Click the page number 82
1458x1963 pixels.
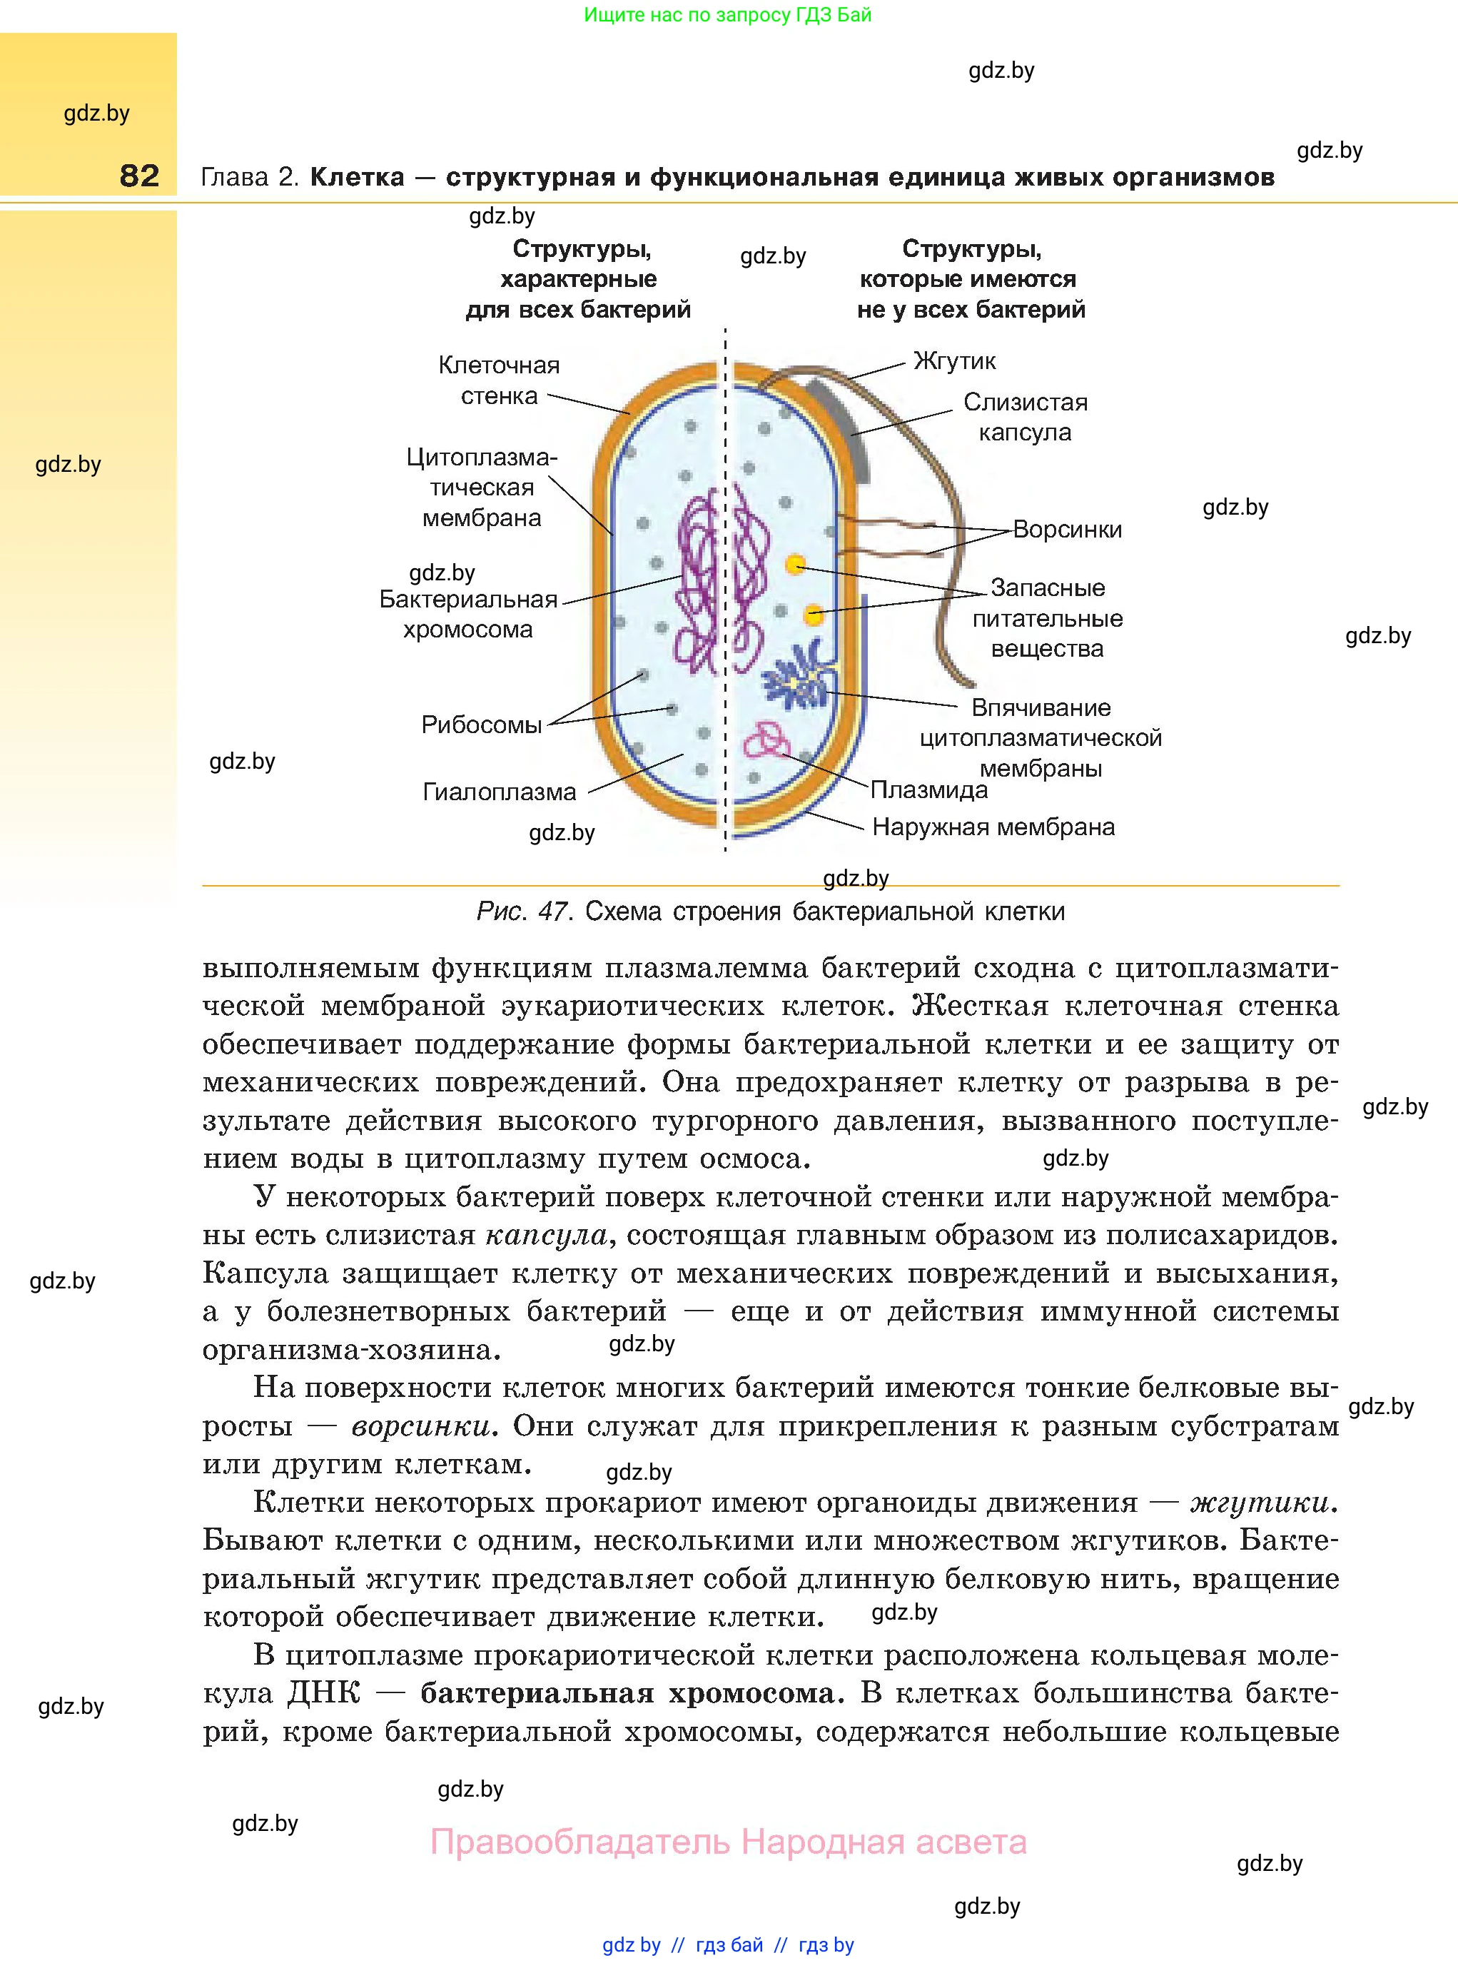click(x=139, y=176)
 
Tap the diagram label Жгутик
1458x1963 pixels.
click(x=954, y=361)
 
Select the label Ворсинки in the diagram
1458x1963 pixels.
click(x=1067, y=530)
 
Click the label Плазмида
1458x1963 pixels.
click(x=928, y=790)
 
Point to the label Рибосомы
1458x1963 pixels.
click(x=481, y=725)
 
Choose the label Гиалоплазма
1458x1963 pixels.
click(x=499, y=792)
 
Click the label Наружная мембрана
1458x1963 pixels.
click(x=993, y=827)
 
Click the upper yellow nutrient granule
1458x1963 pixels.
click(x=795, y=564)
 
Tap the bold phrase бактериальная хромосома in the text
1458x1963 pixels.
click(x=627, y=1693)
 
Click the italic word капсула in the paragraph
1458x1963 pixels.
click(x=547, y=1235)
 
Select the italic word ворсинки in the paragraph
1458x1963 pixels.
click(x=420, y=1425)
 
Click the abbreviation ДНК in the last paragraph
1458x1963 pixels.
click(x=324, y=1693)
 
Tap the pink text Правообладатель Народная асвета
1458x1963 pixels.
click(x=728, y=1842)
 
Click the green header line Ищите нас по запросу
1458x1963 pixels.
click(x=727, y=15)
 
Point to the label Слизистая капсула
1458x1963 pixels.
click(x=1025, y=417)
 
